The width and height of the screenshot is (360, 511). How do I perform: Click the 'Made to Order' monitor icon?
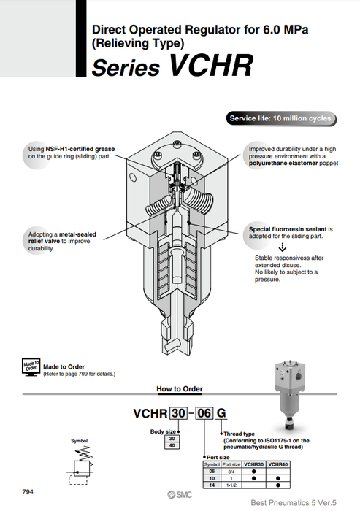30,366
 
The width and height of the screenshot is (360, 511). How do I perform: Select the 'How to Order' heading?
180,389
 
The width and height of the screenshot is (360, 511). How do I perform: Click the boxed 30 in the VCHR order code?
177,413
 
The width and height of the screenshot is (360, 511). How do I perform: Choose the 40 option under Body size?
173,445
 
